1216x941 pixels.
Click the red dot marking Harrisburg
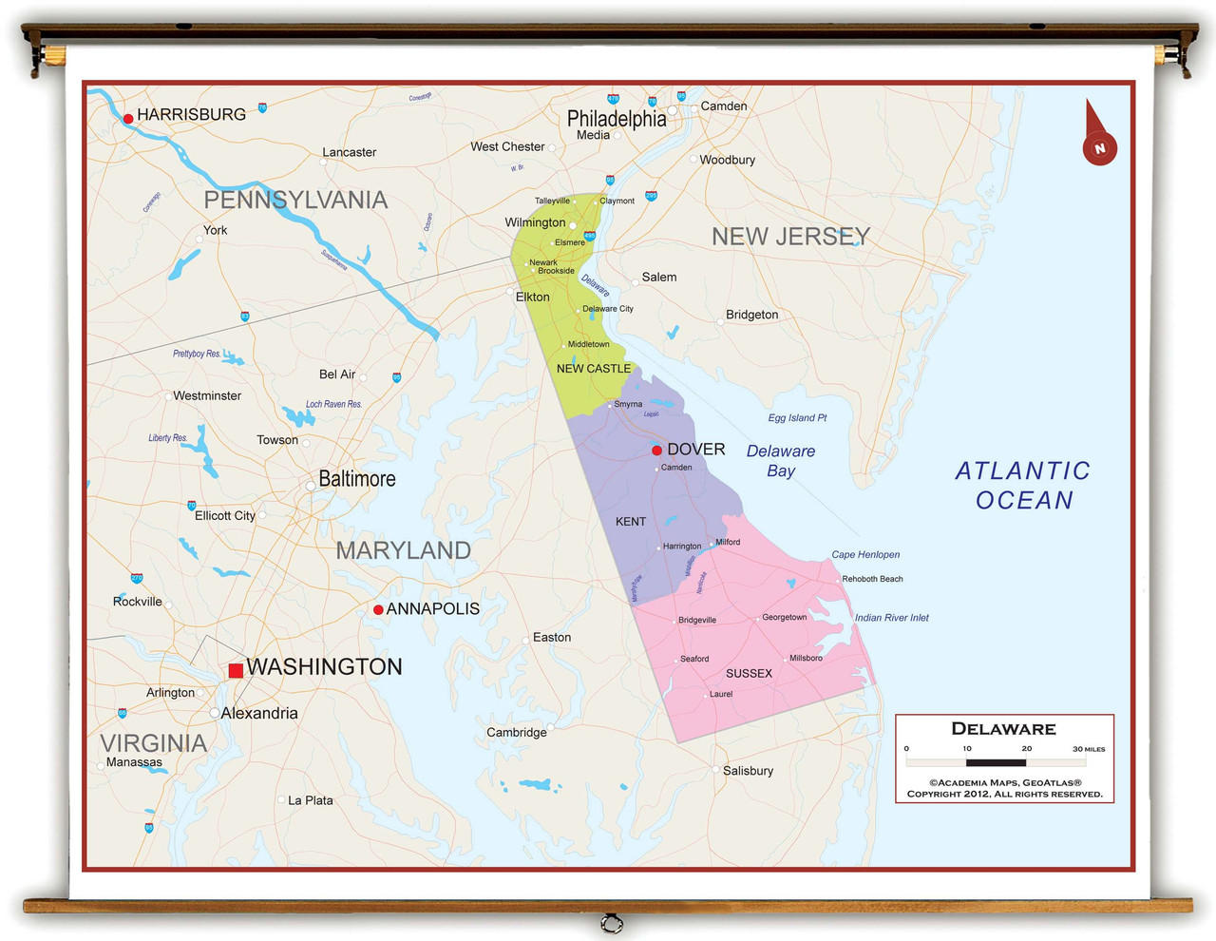pos(128,119)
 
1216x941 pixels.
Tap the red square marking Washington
pos(236,670)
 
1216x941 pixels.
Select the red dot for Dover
pos(656,451)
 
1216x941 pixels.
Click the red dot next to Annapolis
pos(378,609)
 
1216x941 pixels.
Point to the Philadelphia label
pos(617,119)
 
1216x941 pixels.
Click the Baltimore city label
pos(356,479)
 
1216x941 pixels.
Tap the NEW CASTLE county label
pos(593,369)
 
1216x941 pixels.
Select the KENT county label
pos(630,522)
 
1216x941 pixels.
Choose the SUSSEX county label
pos(749,674)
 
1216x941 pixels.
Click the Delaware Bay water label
pos(781,461)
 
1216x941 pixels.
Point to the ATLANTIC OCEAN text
pos(1022,486)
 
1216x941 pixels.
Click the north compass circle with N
pos(1099,148)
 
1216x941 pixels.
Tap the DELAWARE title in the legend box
pos(1003,729)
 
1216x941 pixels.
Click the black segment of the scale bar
pos(996,762)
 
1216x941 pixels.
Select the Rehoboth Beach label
pos(872,579)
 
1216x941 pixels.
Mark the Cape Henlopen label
pos(865,555)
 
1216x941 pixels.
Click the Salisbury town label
pos(748,771)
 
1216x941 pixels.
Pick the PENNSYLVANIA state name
pos(295,200)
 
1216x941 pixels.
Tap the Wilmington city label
pos(535,222)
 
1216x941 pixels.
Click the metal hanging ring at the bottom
pos(612,923)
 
